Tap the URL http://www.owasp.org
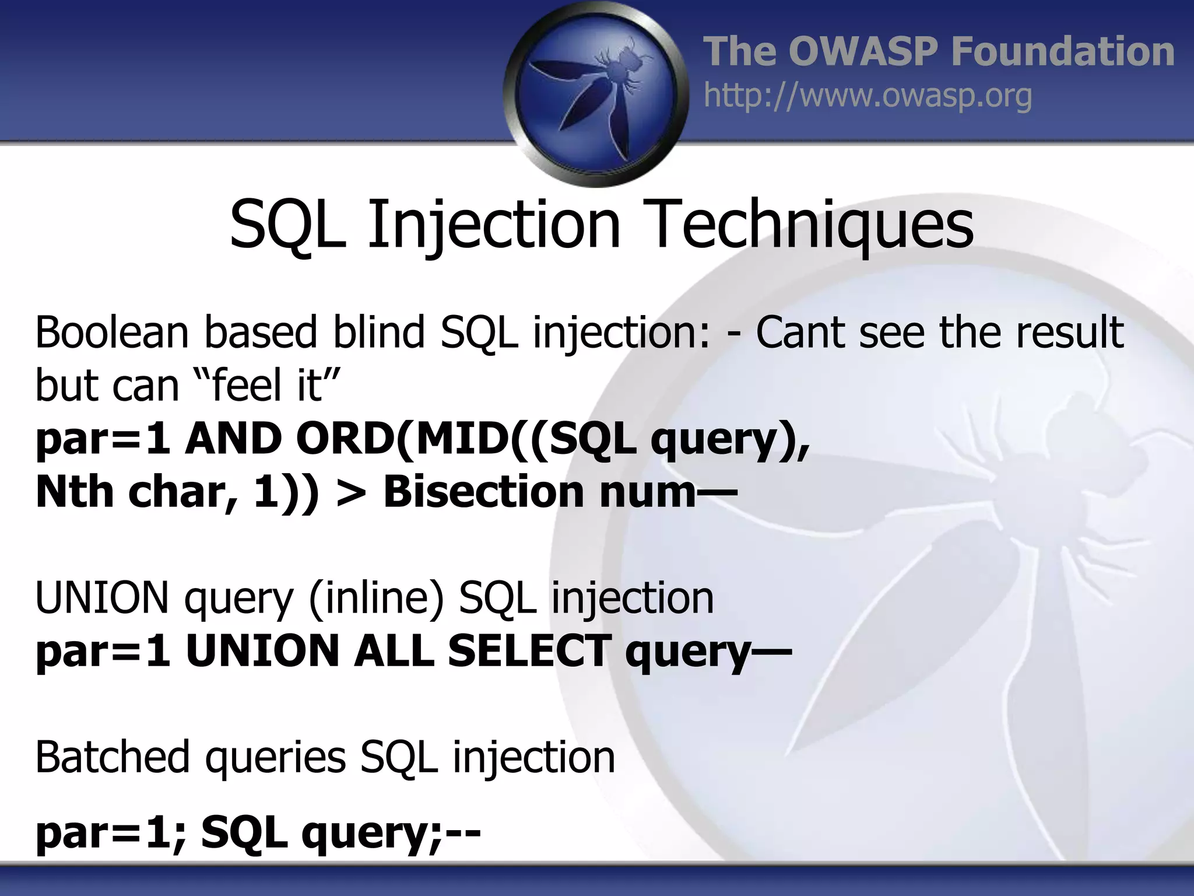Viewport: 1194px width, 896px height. [x=868, y=96]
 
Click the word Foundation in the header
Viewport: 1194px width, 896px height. [x=1062, y=51]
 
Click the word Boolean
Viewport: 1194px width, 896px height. [x=111, y=332]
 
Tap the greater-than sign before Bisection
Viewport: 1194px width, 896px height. [x=351, y=492]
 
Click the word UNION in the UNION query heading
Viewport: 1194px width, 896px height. [x=103, y=598]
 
